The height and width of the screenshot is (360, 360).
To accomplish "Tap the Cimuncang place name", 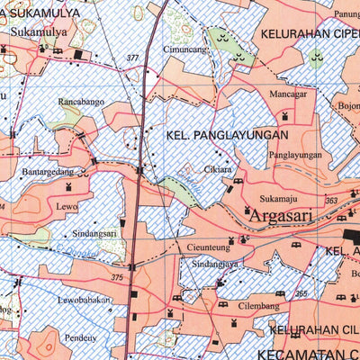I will coord(184,49).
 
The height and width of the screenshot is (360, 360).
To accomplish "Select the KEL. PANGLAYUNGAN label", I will coord(228,135).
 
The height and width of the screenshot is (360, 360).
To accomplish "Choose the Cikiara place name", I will coord(219,167).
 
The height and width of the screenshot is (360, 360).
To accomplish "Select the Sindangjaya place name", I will coord(214,265).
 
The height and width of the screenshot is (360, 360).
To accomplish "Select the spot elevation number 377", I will coord(133,58).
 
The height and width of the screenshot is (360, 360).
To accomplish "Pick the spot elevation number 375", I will coord(117,278).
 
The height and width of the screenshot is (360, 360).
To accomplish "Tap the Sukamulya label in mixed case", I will coord(39,32).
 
